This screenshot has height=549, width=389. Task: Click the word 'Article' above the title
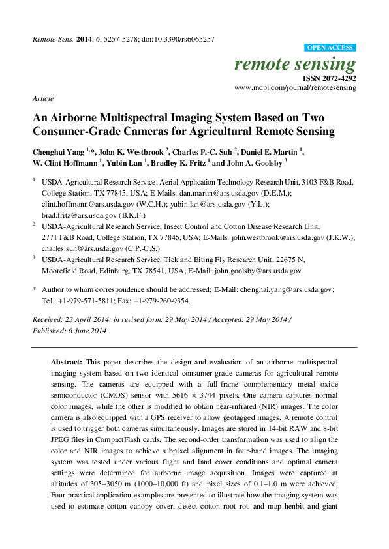click(42, 98)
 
